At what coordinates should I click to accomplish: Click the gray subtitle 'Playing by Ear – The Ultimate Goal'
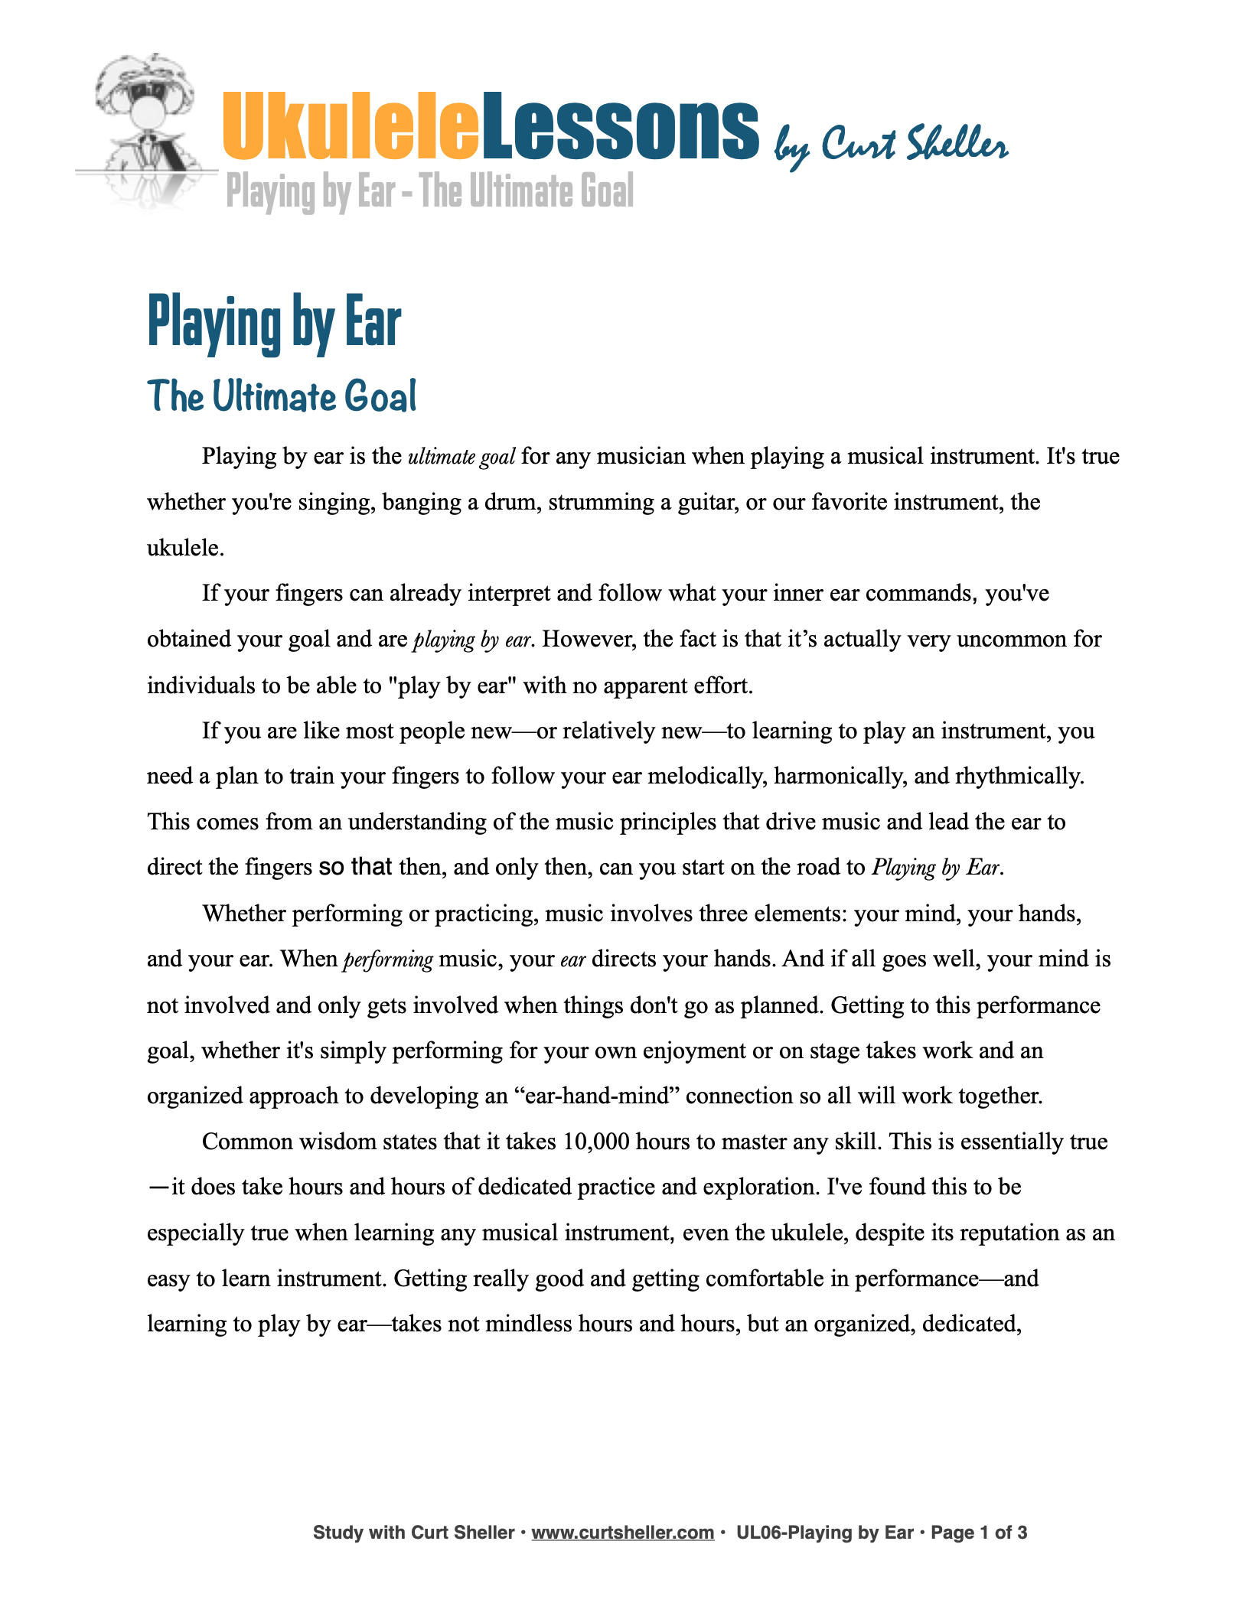[x=430, y=191]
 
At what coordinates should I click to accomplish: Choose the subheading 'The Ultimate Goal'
[x=282, y=396]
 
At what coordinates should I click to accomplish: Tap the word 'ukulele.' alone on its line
[x=185, y=548]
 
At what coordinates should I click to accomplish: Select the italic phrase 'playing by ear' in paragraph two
[x=471, y=640]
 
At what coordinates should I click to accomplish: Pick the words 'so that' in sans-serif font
[x=355, y=867]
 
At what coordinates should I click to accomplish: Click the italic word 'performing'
[x=388, y=959]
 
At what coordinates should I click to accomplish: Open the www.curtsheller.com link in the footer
[x=622, y=1533]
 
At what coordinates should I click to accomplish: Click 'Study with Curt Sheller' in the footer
[x=413, y=1533]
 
